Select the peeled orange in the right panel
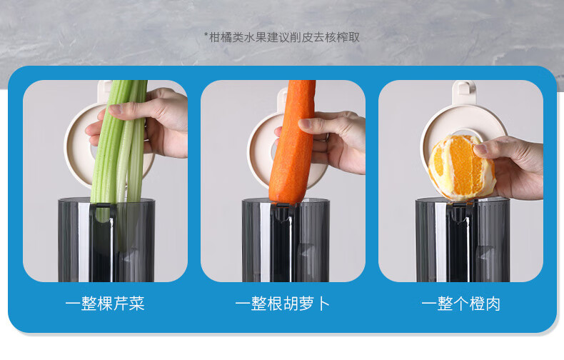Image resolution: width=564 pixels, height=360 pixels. pos(461,168)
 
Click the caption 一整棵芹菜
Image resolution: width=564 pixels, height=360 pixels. pos(105,304)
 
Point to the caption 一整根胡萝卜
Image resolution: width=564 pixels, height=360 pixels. pos(283,304)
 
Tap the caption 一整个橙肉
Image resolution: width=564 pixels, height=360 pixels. pos(460,304)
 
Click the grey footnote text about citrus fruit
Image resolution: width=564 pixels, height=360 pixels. pos(281,37)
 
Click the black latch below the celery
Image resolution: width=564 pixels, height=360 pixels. pos(104,211)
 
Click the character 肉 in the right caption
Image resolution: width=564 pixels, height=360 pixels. pos(493,304)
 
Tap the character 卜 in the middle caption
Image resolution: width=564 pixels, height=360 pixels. pos(323,304)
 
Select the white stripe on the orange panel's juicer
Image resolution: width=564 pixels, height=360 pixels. pos(440,242)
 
